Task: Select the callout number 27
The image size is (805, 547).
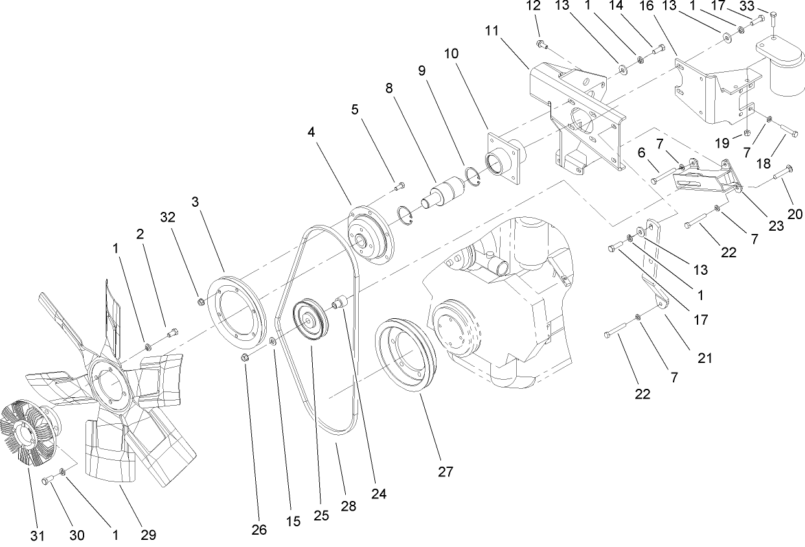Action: pos(444,471)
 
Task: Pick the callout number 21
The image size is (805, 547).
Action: pos(705,356)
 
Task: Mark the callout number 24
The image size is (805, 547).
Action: pos(378,493)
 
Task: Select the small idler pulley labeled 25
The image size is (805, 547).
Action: pos(310,323)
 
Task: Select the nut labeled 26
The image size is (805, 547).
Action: pos(245,358)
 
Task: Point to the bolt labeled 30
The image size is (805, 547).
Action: pos(49,480)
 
